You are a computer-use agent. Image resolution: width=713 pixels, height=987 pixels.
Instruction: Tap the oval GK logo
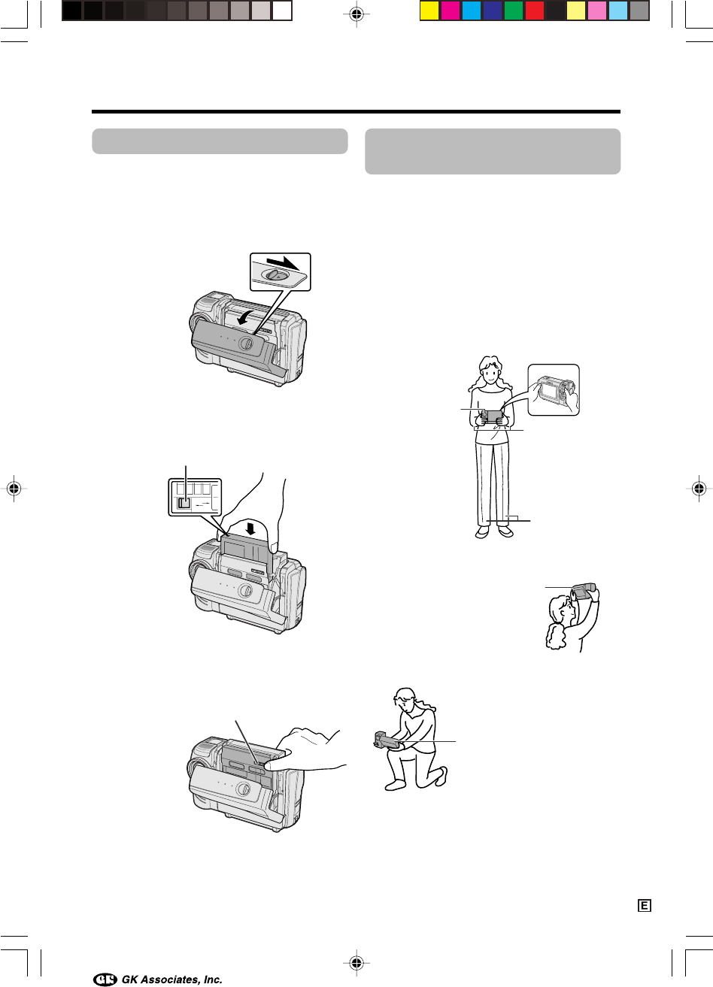point(105,979)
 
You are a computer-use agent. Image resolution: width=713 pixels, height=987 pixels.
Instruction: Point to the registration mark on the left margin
point(14,488)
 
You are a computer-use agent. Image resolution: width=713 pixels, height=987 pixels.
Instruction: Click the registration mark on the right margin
point(699,488)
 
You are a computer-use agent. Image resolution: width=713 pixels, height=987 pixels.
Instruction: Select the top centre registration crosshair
point(356,14)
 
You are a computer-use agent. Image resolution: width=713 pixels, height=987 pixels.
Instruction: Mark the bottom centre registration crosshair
point(356,963)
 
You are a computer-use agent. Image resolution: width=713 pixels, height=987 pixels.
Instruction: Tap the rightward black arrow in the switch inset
point(283,262)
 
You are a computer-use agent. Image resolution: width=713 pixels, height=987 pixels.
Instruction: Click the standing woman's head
point(490,372)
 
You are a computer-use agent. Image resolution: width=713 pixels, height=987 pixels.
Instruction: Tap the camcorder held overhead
point(584,592)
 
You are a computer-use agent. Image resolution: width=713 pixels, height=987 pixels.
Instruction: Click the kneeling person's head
point(405,698)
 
